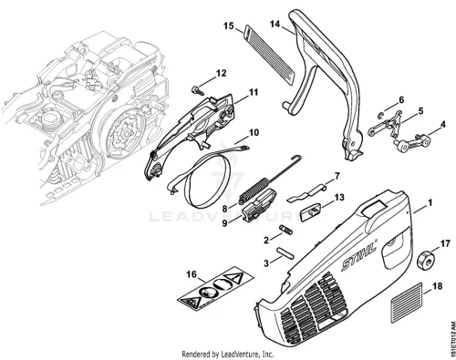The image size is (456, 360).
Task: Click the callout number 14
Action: click(x=275, y=24)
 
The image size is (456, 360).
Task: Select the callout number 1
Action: click(x=430, y=202)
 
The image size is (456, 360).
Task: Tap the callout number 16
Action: click(x=192, y=274)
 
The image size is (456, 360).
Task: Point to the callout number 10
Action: click(x=254, y=132)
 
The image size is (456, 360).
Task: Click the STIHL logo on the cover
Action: click(x=359, y=255)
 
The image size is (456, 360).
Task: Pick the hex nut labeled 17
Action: click(x=425, y=260)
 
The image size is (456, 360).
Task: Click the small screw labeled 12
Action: click(x=195, y=89)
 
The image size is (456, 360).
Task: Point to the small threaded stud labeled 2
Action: click(x=285, y=230)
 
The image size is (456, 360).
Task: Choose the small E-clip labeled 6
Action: click(x=380, y=115)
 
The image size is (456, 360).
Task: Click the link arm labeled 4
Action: click(x=410, y=143)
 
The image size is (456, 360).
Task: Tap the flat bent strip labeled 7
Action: click(x=306, y=193)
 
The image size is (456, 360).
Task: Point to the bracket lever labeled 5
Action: click(x=386, y=124)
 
